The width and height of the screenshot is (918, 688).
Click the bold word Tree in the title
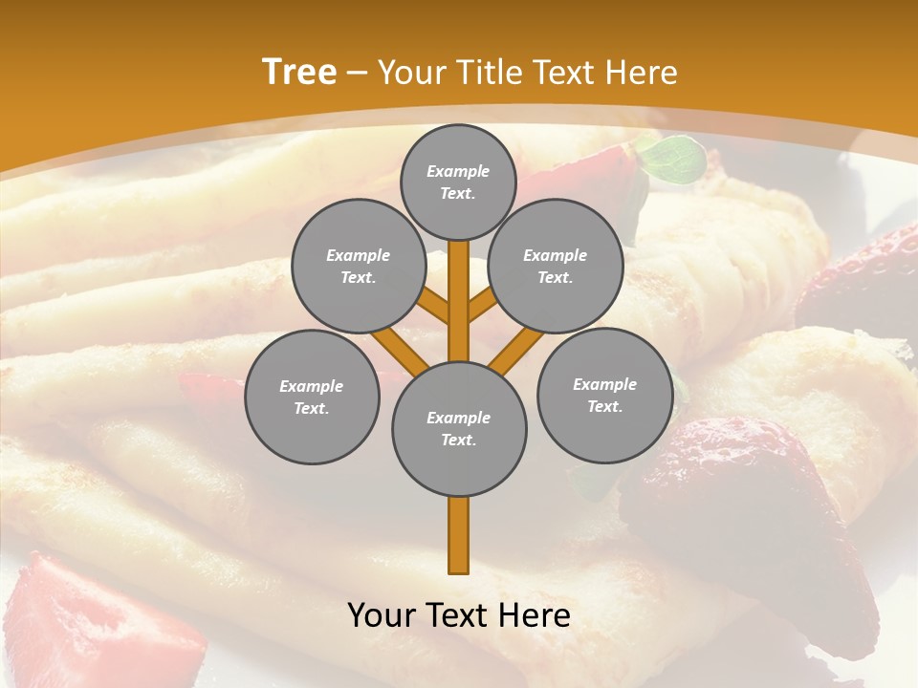(299, 73)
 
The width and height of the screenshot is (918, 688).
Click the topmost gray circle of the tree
(458, 182)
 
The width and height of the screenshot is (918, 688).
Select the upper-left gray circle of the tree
(358, 266)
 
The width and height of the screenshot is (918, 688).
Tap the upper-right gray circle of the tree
(555, 266)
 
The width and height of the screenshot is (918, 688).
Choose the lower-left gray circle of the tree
(311, 397)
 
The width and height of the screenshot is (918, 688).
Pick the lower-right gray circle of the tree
(604, 395)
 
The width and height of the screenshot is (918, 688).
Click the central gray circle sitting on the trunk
(458, 428)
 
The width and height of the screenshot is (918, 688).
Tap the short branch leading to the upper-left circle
(432, 307)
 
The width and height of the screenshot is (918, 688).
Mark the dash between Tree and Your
(357, 74)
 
